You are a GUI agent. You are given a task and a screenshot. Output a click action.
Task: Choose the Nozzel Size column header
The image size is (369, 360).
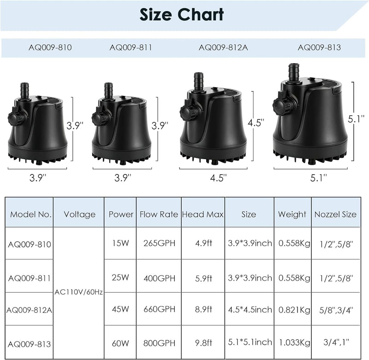click(335, 214)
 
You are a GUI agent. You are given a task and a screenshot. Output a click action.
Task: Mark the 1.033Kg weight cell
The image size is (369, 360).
click(292, 343)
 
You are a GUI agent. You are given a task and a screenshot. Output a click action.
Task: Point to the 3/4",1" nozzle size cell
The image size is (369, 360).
click(335, 343)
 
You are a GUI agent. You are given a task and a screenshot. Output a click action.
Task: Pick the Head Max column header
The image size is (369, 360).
click(202, 214)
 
